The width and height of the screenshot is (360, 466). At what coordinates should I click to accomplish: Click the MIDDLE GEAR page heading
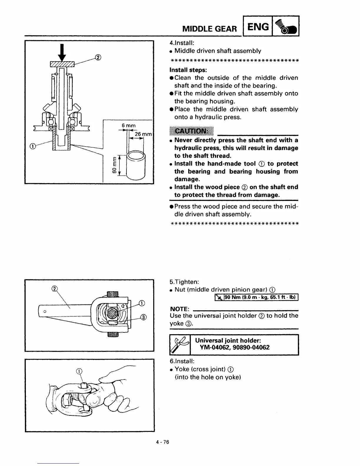pyautogui.click(x=209, y=29)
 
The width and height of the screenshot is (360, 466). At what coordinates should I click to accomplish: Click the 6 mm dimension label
pyautogui.click(x=129, y=126)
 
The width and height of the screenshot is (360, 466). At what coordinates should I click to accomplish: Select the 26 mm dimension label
pyautogui.click(x=143, y=134)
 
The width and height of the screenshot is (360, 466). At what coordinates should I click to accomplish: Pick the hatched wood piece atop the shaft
pyautogui.click(x=62, y=64)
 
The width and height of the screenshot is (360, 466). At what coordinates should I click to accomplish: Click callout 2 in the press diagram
pyautogui.click(x=98, y=57)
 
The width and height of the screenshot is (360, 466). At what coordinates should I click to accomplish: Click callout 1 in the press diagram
pyautogui.click(x=33, y=146)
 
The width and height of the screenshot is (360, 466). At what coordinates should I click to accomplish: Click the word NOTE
pyautogui.click(x=179, y=309)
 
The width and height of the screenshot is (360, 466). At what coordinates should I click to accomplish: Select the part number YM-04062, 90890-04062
pyautogui.click(x=234, y=347)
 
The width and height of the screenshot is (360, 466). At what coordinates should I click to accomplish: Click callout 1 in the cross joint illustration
pyautogui.click(x=79, y=371)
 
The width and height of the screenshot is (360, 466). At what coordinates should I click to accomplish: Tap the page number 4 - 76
pyautogui.click(x=163, y=442)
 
